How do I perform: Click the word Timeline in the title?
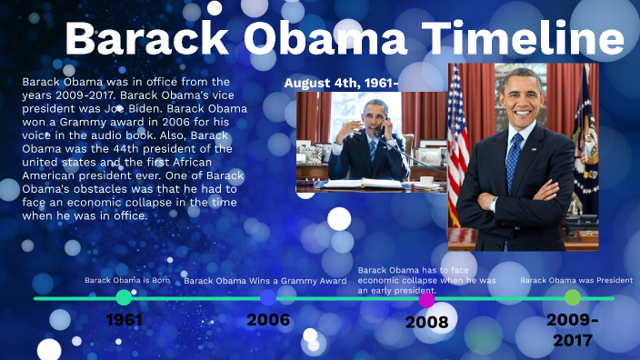tap(527, 41)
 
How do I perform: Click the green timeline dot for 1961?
tap(124, 297)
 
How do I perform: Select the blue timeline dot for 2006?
tap(268, 297)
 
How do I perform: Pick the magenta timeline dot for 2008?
tap(427, 299)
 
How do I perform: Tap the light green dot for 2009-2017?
tap(572, 297)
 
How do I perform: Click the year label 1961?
tap(124, 320)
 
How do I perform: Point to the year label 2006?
tap(268, 320)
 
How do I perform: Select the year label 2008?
tap(427, 322)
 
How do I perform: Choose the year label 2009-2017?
tap(572, 330)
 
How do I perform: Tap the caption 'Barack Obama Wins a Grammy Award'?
tap(265, 281)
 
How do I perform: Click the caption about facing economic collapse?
tap(426, 280)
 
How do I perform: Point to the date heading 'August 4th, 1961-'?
tap(342, 83)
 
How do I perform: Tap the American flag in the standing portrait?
tap(458, 136)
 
